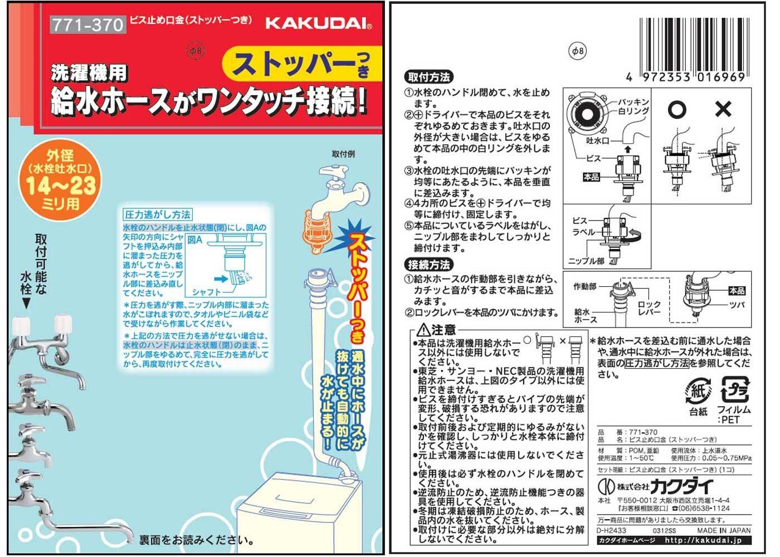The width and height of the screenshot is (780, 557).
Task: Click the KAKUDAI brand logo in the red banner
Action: point(319,23)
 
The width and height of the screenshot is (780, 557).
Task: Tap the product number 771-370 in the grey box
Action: point(88,25)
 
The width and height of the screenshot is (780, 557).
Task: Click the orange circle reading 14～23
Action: point(60,180)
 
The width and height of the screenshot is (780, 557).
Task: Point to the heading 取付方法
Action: point(428,77)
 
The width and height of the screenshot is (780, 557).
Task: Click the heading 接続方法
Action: point(428,265)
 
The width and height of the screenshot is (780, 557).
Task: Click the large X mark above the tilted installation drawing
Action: point(723,109)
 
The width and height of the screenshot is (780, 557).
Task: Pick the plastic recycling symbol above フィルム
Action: point(735,389)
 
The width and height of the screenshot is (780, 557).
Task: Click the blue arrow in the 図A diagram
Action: point(221,279)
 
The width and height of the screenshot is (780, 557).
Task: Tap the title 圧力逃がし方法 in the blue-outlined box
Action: point(158,214)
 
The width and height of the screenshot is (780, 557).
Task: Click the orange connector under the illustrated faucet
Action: point(316,231)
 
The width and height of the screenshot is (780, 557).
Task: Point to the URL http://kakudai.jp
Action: point(703,540)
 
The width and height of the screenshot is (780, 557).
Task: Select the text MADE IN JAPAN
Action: point(724,530)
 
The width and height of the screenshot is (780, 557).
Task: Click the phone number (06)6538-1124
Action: point(707,508)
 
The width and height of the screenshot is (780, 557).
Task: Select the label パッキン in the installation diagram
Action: point(633,102)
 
